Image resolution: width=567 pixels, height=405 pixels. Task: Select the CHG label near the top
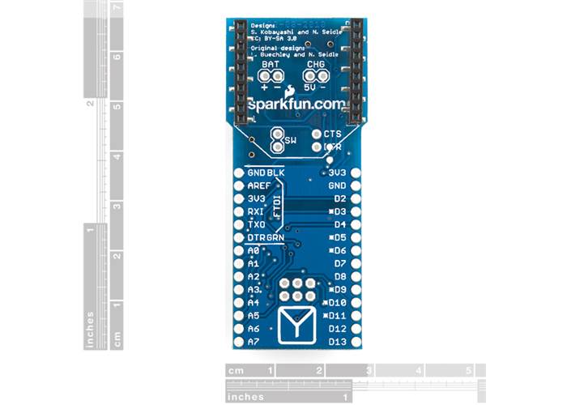click(315, 62)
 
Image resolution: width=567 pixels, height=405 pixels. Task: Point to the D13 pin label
click(338, 341)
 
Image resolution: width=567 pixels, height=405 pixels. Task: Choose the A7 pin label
click(253, 341)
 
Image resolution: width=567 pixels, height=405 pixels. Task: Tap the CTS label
click(332, 134)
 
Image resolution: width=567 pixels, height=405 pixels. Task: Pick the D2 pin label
click(340, 198)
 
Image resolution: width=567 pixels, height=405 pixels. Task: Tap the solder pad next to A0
click(238, 251)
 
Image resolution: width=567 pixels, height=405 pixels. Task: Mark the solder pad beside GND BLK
click(238, 173)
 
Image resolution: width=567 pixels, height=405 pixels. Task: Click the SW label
click(291, 141)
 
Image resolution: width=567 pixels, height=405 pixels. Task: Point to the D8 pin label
click(340, 276)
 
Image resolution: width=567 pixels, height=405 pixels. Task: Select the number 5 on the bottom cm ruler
click(468, 371)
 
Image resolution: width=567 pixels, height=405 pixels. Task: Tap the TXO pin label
click(256, 224)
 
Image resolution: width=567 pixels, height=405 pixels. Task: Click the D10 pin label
click(338, 302)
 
